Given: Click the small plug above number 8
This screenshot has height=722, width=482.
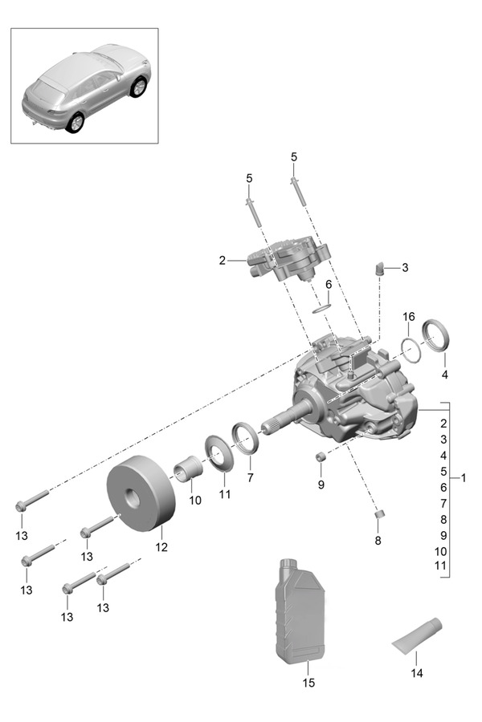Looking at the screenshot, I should click(382, 513).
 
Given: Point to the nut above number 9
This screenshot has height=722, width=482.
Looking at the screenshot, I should click(320, 456).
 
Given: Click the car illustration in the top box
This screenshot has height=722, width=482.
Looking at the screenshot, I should click(84, 85).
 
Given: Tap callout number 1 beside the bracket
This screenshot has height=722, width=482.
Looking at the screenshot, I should click(464, 478).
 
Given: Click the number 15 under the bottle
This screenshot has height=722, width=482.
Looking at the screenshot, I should click(308, 683).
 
